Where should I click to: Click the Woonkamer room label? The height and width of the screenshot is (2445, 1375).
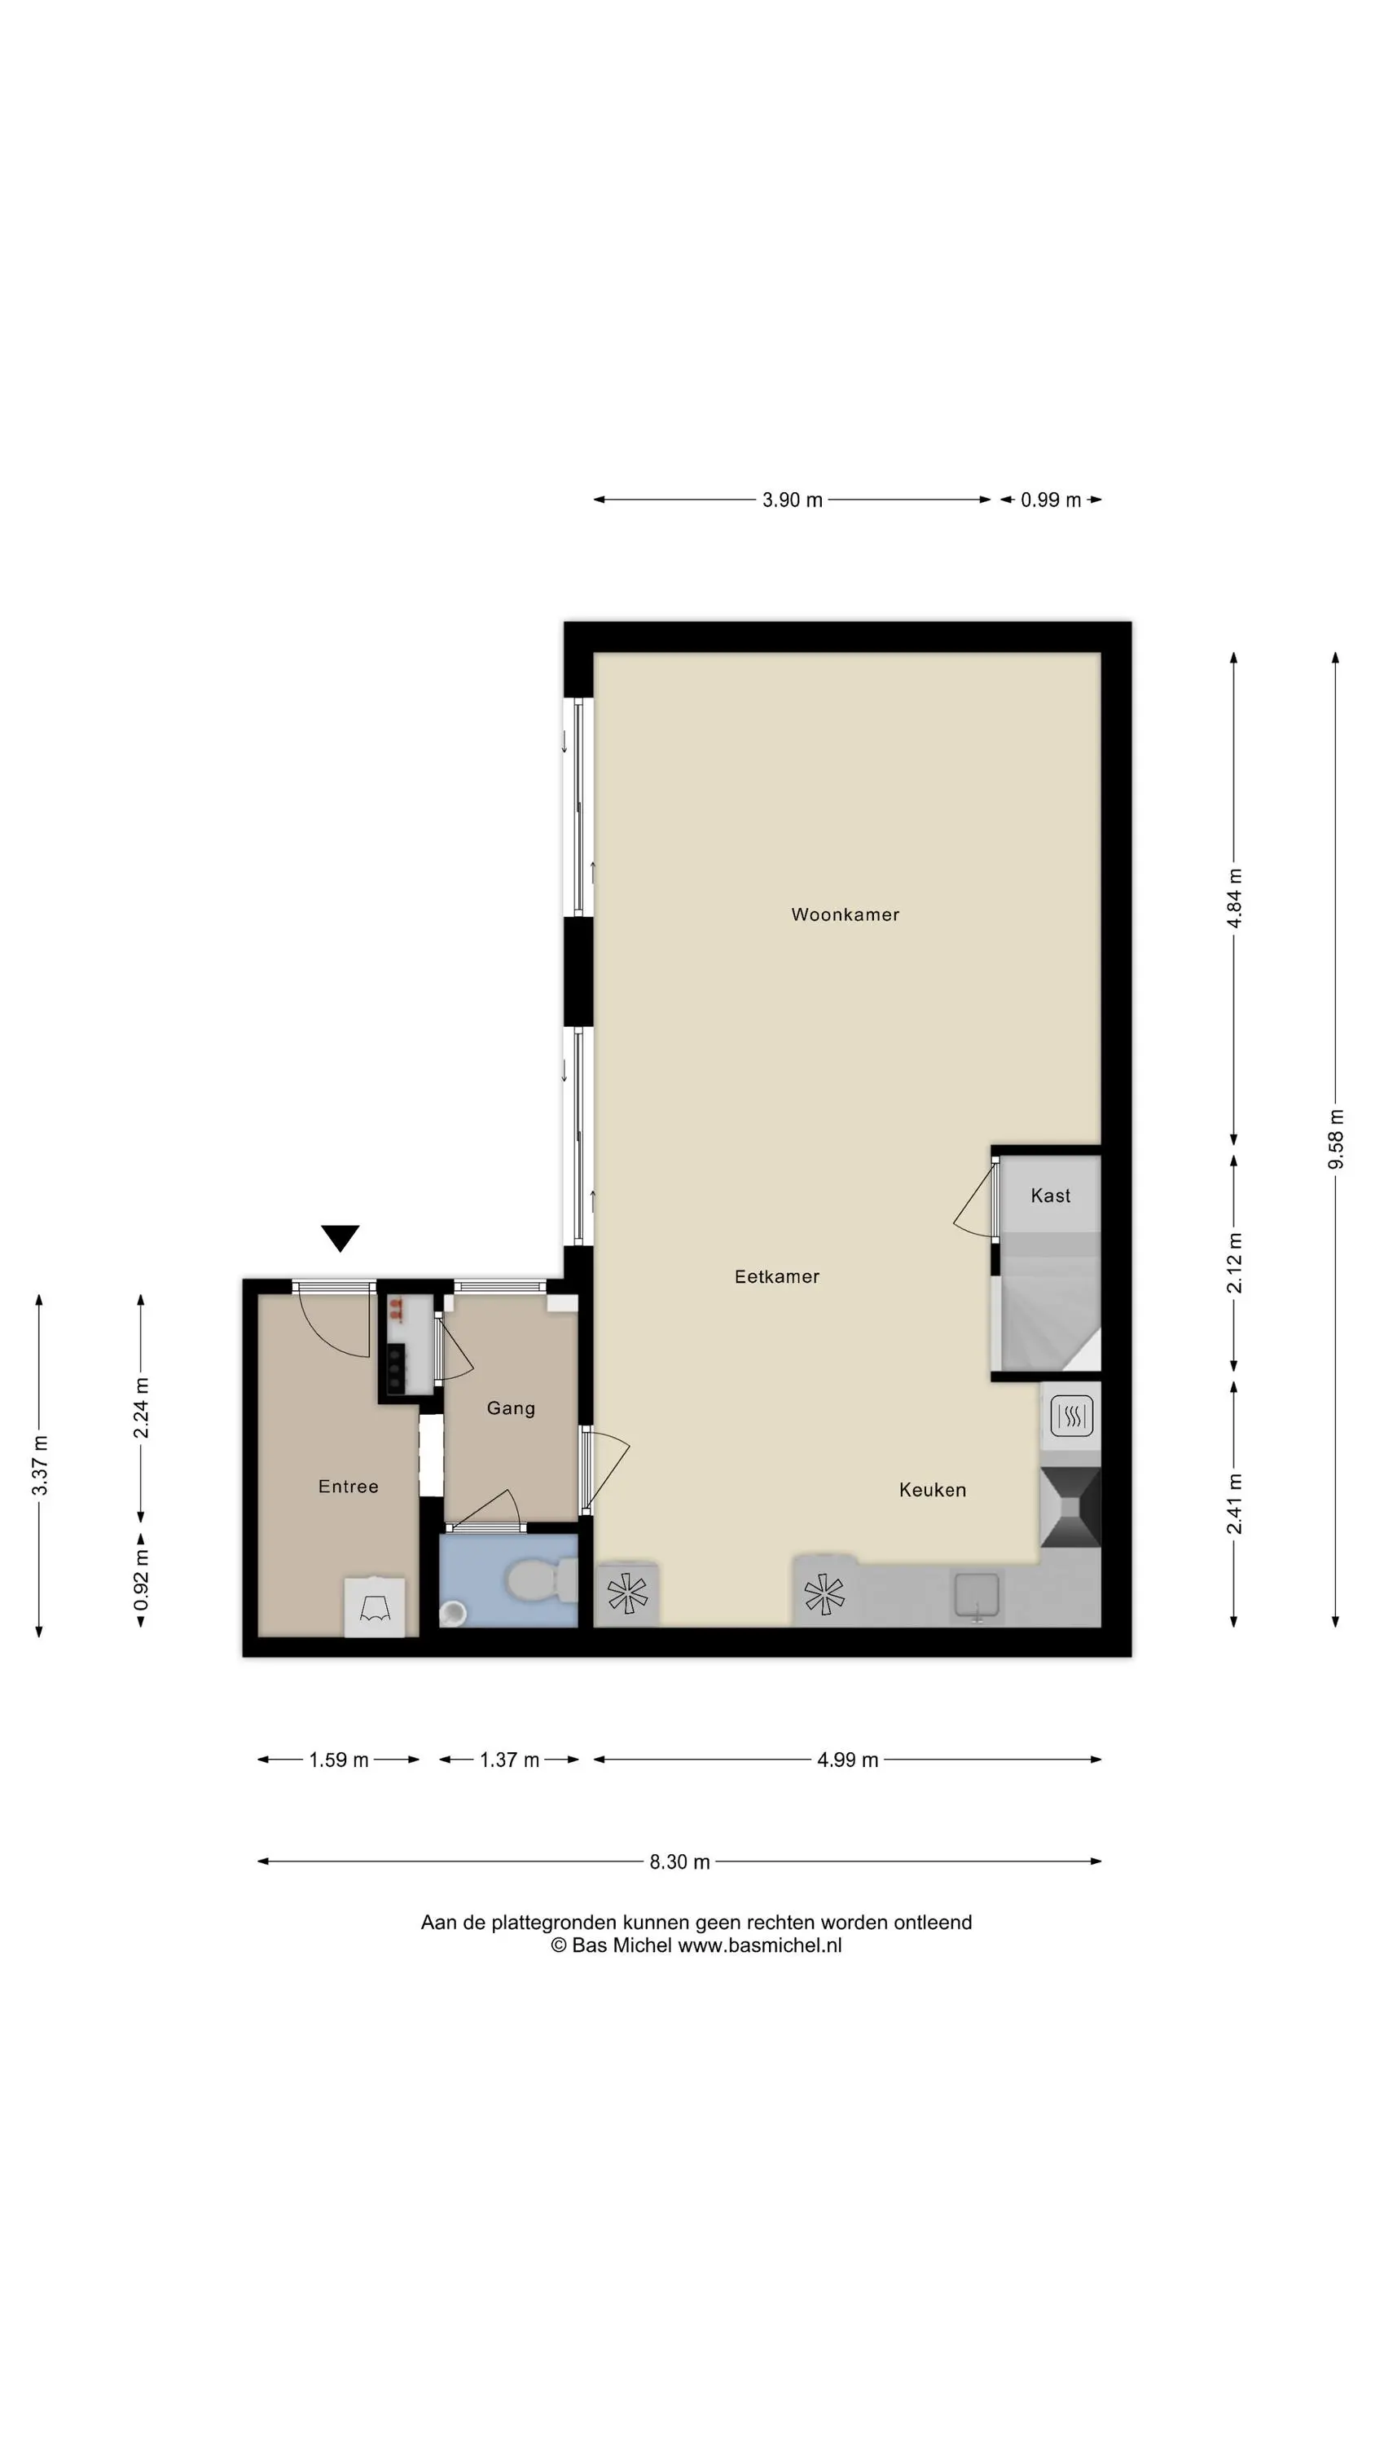845,915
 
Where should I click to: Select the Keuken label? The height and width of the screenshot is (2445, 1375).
933,1490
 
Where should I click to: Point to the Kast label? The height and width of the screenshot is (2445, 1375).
1051,1196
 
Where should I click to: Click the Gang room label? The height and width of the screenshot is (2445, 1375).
511,1408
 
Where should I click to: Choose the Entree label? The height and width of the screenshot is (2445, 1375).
349,1487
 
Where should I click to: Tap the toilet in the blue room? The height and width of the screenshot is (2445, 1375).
542,1581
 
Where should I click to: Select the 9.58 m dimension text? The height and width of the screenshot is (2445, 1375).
1336,1139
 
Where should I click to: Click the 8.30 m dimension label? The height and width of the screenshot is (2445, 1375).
679,1862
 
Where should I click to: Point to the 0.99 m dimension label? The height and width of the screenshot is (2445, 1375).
1051,500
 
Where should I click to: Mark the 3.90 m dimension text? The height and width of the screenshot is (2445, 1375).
793,500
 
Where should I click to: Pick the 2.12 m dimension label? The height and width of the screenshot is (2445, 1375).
1235,1263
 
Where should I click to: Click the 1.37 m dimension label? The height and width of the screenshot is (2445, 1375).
510,1760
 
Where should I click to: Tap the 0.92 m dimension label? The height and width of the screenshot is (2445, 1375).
142,1580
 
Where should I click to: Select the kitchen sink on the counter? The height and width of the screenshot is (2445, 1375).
977,1595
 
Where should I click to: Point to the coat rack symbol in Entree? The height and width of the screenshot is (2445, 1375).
375,1608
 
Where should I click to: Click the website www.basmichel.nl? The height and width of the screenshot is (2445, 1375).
759,1945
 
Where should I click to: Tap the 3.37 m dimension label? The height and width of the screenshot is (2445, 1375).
40,1465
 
